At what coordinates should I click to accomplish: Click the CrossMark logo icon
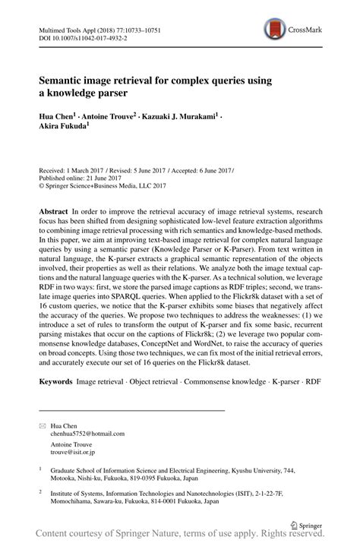coord(275,30)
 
